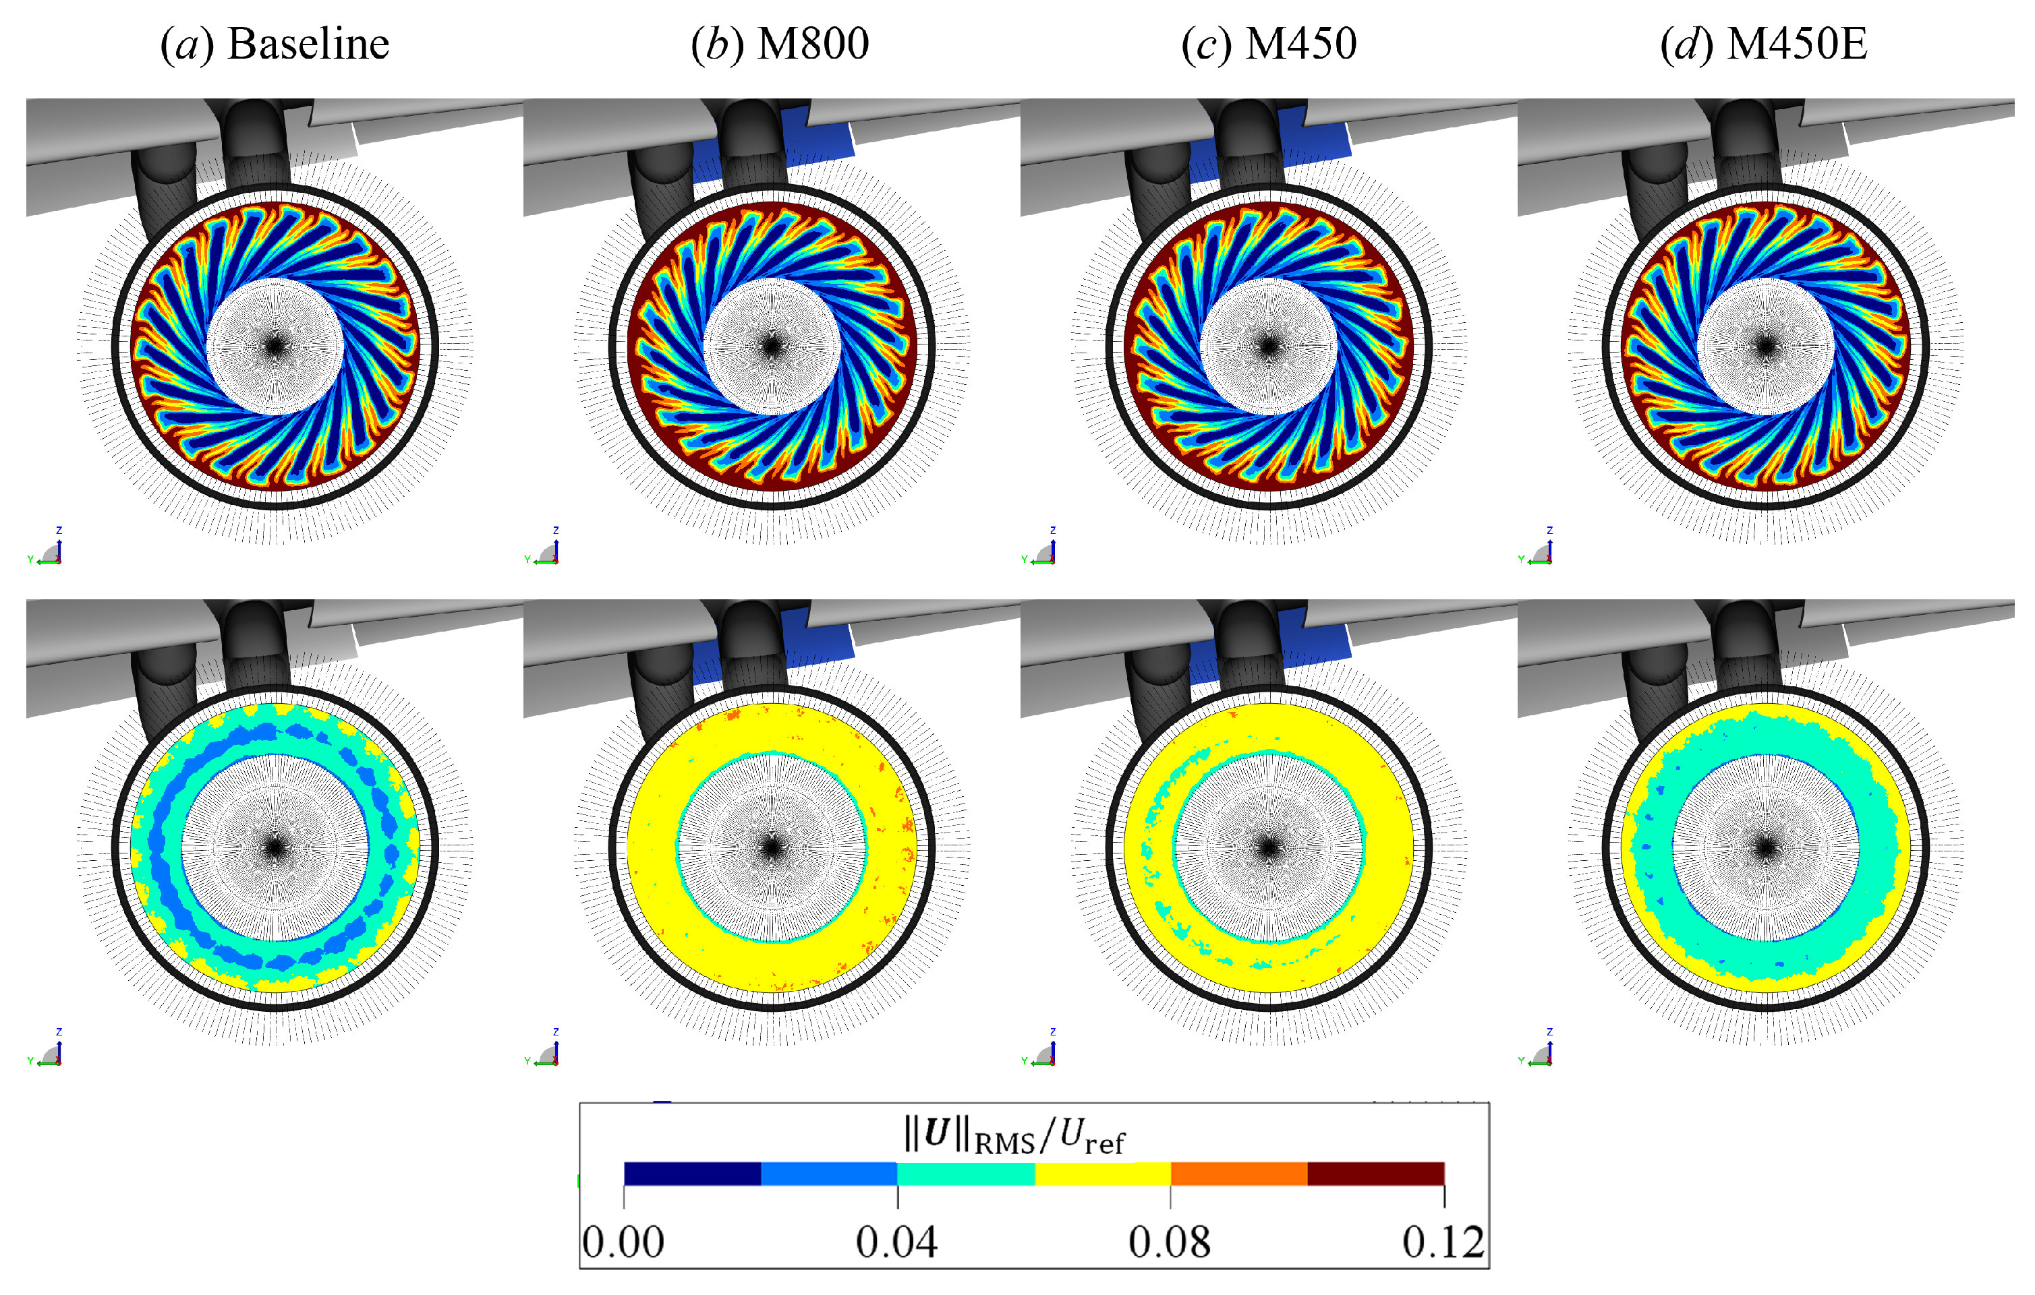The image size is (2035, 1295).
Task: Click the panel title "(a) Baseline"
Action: point(275,44)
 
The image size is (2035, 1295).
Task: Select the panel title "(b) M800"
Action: point(779,44)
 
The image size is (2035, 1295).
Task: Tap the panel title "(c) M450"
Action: point(1269,44)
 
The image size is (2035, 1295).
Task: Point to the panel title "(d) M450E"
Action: point(1764,44)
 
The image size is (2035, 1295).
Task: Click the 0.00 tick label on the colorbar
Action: point(623,1242)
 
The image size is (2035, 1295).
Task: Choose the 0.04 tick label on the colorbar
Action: point(896,1242)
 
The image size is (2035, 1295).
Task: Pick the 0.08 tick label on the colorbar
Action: point(1170,1242)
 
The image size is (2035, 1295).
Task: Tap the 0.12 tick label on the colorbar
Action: point(1443,1242)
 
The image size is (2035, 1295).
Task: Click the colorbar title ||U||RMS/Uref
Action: point(1014,1136)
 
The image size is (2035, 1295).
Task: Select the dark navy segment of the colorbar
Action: point(692,1174)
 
